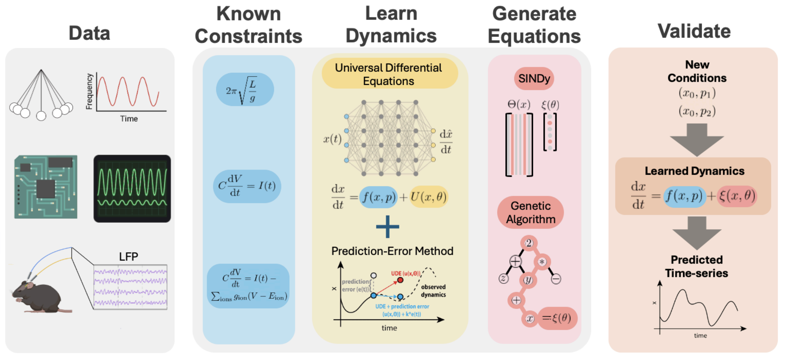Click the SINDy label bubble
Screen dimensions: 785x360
click(534, 78)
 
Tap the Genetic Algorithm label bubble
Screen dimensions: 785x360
click(530, 212)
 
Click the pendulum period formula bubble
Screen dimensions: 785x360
click(245, 89)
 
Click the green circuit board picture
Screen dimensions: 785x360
click(46, 187)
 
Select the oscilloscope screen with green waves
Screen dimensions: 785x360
click(132, 189)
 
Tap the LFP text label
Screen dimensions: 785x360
click(129, 257)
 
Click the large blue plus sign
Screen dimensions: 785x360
click(387, 227)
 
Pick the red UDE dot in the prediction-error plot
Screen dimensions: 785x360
click(400, 280)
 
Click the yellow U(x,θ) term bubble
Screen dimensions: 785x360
click(428, 197)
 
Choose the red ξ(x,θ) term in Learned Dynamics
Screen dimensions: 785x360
click(737, 196)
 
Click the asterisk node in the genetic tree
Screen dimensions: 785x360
click(542, 262)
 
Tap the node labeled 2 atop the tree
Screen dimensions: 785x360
click(529, 244)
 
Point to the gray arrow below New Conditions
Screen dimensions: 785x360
click(697, 140)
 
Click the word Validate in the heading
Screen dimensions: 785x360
click(694, 31)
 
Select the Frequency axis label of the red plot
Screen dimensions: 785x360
click(89, 91)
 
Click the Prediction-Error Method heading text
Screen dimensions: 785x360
click(392, 251)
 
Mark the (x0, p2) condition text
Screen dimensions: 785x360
click(697, 111)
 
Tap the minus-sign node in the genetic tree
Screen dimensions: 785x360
click(556, 279)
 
